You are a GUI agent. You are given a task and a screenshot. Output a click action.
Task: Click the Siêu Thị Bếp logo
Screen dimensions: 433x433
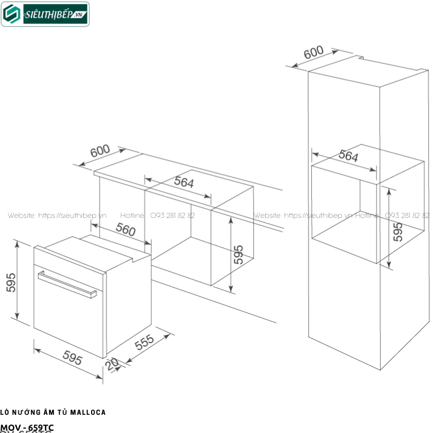pyautogui.click(x=46, y=15)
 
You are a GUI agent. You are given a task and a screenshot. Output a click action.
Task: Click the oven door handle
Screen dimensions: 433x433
pyautogui.click(x=66, y=284)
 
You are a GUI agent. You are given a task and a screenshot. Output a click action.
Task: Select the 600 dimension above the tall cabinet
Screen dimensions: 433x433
pyautogui.click(x=314, y=53)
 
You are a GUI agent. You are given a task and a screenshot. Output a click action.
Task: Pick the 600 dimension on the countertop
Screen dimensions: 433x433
pyautogui.click(x=100, y=152)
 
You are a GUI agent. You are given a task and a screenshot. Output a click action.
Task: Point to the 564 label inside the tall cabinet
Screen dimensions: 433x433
pyautogui.click(x=349, y=156)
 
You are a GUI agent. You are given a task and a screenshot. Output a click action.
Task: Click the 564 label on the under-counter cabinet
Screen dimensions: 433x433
pyautogui.click(x=184, y=183)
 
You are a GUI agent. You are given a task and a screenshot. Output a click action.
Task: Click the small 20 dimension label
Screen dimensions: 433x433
pyautogui.click(x=112, y=364)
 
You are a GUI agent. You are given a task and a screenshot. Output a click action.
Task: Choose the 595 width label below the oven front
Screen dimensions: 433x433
pyautogui.click(x=72, y=359)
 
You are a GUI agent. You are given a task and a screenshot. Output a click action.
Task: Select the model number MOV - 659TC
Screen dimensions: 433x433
pyautogui.click(x=27, y=427)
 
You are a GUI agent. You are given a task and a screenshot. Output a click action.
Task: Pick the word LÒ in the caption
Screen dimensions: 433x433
pyautogui.click(x=5, y=413)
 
